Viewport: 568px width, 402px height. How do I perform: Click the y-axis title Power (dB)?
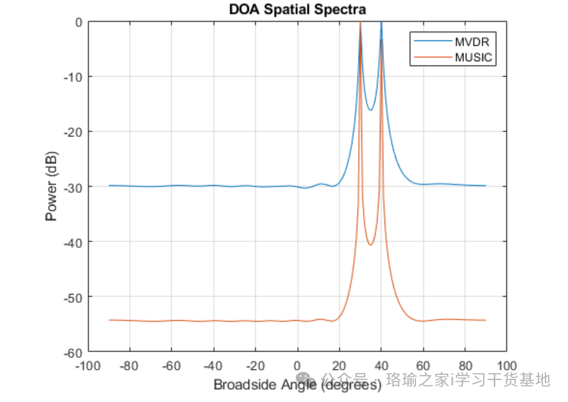coord(52,186)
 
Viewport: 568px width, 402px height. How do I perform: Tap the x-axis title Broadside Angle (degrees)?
coord(297,385)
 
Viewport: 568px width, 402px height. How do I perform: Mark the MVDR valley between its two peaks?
coord(371,110)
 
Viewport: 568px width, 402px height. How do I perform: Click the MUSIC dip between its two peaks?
coord(371,245)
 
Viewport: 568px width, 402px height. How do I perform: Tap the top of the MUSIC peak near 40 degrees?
coord(381,40)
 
